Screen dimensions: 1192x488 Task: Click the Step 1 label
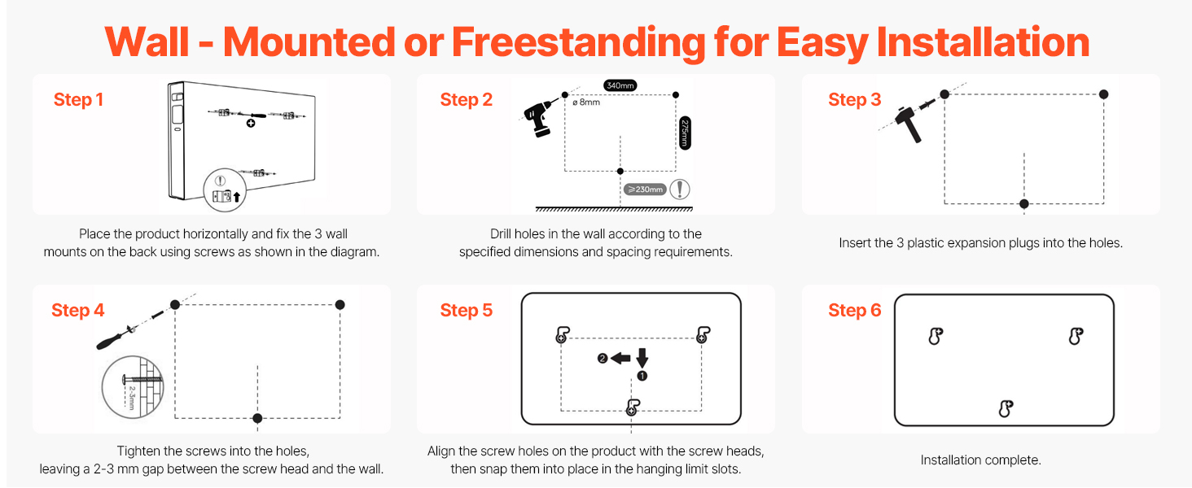(78, 100)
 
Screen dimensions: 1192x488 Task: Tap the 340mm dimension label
(620, 85)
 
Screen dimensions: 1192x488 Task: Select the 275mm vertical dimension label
(685, 133)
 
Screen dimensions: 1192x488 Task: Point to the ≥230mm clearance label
(645, 190)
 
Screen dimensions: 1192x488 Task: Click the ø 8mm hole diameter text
(586, 102)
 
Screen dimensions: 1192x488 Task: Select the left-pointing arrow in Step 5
(620, 359)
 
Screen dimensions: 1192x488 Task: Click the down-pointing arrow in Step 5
(642, 358)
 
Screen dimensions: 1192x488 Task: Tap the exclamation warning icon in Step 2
(680, 190)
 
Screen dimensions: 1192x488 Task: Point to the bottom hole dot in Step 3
(1023, 203)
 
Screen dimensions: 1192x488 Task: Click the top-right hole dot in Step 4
(340, 305)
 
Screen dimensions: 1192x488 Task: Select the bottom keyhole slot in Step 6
(1006, 409)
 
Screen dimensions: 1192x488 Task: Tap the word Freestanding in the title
(578, 42)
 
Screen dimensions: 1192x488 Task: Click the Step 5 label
(467, 311)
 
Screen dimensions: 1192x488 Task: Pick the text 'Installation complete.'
(981, 460)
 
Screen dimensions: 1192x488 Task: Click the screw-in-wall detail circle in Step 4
(133, 387)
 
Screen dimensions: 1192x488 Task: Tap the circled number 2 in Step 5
(603, 359)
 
